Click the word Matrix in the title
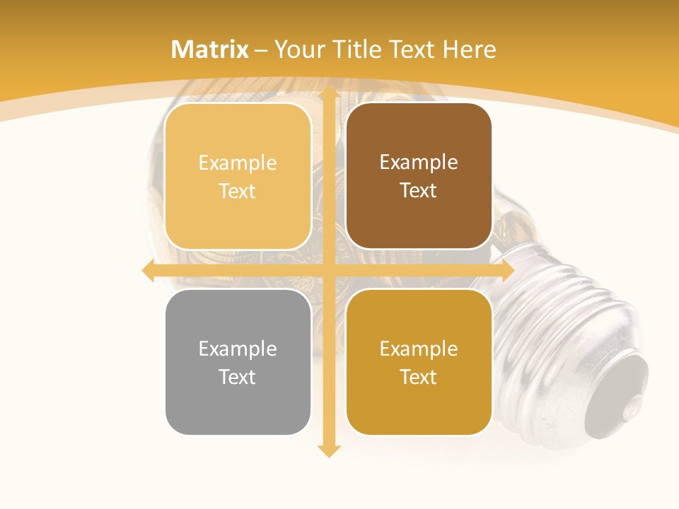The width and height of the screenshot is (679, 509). point(210,49)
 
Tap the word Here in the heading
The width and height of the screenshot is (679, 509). point(470,49)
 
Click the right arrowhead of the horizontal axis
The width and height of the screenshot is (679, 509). point(507,270)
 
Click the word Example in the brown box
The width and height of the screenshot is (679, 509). point(419,162)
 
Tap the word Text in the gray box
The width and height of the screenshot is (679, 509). point(238,377)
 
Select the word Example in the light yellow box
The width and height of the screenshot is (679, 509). point(238,163)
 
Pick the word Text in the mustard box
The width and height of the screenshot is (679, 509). point(419,377)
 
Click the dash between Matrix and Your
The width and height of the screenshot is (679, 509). point(261,50)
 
